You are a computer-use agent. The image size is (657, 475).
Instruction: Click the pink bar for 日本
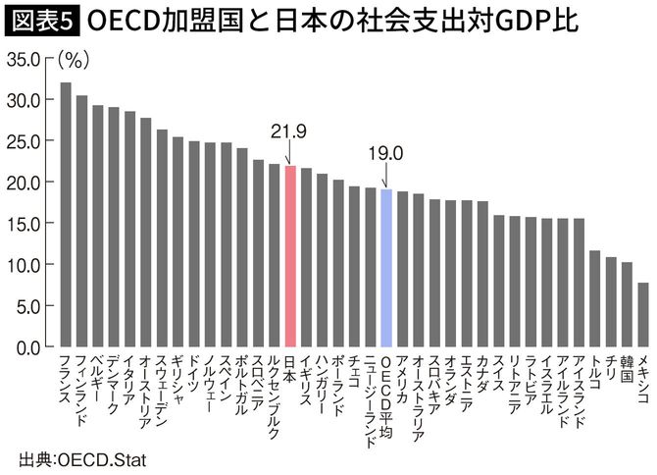click(x=289, y=256)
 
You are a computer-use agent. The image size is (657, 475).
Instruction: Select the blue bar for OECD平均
click(x=385, y=268)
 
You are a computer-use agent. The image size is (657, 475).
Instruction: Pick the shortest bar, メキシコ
click(x=642, y=315)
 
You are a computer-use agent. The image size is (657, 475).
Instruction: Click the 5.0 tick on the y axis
click(x=28, y=306)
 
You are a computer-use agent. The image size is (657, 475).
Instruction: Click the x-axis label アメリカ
click(x=402, y=379)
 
